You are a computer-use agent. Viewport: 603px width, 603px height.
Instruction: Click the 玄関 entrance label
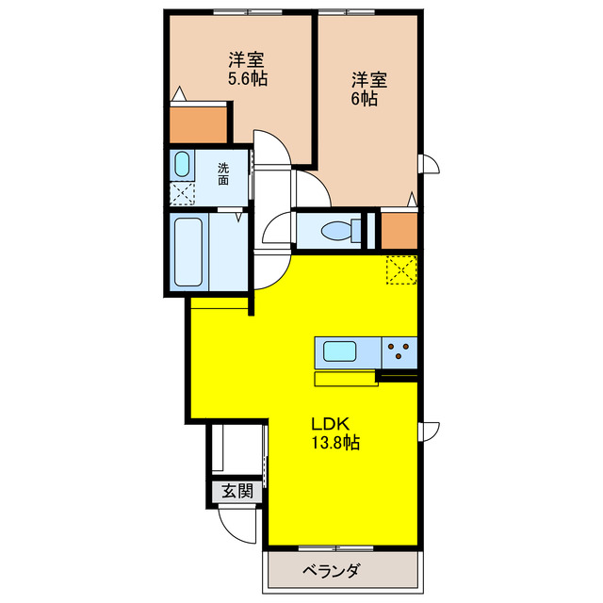point(237,491)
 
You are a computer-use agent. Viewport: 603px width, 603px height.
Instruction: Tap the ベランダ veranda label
point(332,570)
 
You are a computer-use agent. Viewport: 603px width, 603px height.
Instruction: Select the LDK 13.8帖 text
point(335,433)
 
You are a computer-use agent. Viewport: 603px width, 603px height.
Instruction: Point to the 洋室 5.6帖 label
point(247,69)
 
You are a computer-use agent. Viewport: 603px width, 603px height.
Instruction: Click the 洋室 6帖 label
point(369,89)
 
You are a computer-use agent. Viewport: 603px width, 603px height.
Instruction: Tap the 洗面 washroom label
point(223,174)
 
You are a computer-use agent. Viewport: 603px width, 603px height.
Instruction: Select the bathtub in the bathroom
point(188,253)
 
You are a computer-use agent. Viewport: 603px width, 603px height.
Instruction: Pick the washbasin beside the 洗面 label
point(182,164)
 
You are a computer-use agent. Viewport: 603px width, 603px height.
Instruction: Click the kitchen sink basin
point(339,351)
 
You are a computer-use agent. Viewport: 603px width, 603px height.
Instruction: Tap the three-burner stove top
point(399,352)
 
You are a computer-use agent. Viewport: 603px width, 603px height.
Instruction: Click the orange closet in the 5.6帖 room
point(199,125)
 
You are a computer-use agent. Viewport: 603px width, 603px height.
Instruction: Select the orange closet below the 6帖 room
point(399,230)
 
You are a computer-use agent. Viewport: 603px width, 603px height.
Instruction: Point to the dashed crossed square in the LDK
point(401,270)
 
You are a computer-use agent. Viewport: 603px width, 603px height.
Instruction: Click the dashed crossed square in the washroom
point(182,194)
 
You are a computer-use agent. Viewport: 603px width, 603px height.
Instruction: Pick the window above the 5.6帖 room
point(248,12)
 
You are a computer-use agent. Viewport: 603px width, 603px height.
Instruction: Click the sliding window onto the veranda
point(335,548)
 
